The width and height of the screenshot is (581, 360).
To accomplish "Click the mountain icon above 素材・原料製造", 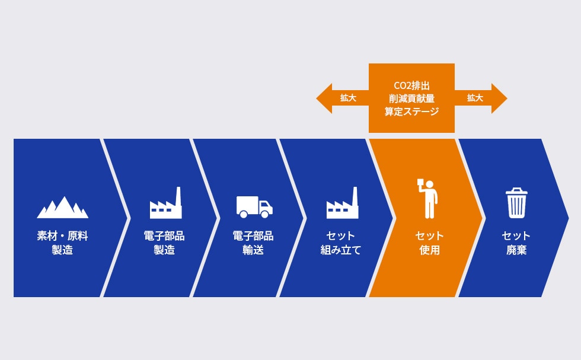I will pyautogui.click(x=62, y=207).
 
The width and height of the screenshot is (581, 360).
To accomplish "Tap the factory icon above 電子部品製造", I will pyautogui.click(x=165, y=205).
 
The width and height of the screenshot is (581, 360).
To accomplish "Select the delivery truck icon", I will pyautogui.click(x=254, y=207).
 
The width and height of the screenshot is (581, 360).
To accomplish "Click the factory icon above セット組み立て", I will pyautogui.click(x=342, y=205).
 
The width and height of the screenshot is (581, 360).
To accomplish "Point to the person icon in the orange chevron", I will pyautogui.click(x=429, y=198).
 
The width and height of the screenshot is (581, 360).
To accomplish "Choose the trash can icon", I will pyautogui.click(x=516, y=203).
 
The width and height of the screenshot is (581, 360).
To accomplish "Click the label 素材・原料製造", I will pyautogui.click(x=62, y=243).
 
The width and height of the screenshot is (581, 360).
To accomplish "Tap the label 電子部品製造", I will pyautogui.click(x=164, y=243).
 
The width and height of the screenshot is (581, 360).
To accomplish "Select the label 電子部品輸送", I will pyautogui.click(x=253, y=243).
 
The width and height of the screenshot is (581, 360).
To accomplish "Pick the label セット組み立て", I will pyautogui.click(x=341, y=243).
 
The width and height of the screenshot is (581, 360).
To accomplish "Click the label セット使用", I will pyautogui.click(x=430, y=243).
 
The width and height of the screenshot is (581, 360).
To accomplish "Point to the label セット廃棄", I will pyautogui.click(x=516, y=243).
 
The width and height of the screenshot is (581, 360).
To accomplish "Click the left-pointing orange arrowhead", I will pyautogui.click(x=324, y=98).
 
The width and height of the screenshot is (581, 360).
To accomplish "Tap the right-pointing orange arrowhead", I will pyautogui.click(x=499, y=98).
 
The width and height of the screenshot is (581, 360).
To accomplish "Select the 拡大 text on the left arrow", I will pyautogui.click(x=348, y=98).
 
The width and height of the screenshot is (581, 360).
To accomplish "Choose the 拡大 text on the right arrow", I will pyautogui.click(x=475, y=98).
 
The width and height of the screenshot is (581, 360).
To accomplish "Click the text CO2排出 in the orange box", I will pyautogui.click(x=411, y=85).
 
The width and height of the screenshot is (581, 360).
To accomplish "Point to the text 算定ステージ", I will pyautogui.click(x=411, y=111).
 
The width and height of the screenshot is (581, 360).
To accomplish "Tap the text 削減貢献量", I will pyautogui.click(x=411, y=98).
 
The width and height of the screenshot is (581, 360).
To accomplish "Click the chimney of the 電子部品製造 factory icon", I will pyautogui.click(x=177, y=195).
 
